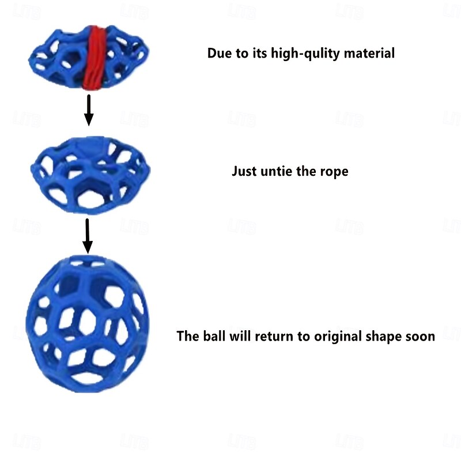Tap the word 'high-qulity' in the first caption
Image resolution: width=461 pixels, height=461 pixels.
pos(305,54)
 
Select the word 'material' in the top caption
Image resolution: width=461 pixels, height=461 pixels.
pos(369,53)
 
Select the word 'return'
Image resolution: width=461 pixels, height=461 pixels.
pos(274,337)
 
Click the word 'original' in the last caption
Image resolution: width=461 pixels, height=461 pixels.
pos(338,337)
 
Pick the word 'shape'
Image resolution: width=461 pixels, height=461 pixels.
pos(384,337)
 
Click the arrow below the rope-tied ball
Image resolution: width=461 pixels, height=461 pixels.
pos(89,110)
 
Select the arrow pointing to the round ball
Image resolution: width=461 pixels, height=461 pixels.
pos(88,236)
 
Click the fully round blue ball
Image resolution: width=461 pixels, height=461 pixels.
pos(88,323)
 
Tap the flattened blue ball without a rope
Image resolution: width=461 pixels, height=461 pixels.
pos(90,175)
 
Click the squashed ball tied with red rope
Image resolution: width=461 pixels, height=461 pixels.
pos(89,58)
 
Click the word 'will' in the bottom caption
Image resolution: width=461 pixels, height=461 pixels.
pos(240,336)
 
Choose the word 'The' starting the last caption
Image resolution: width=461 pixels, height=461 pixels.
pos(188,336)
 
